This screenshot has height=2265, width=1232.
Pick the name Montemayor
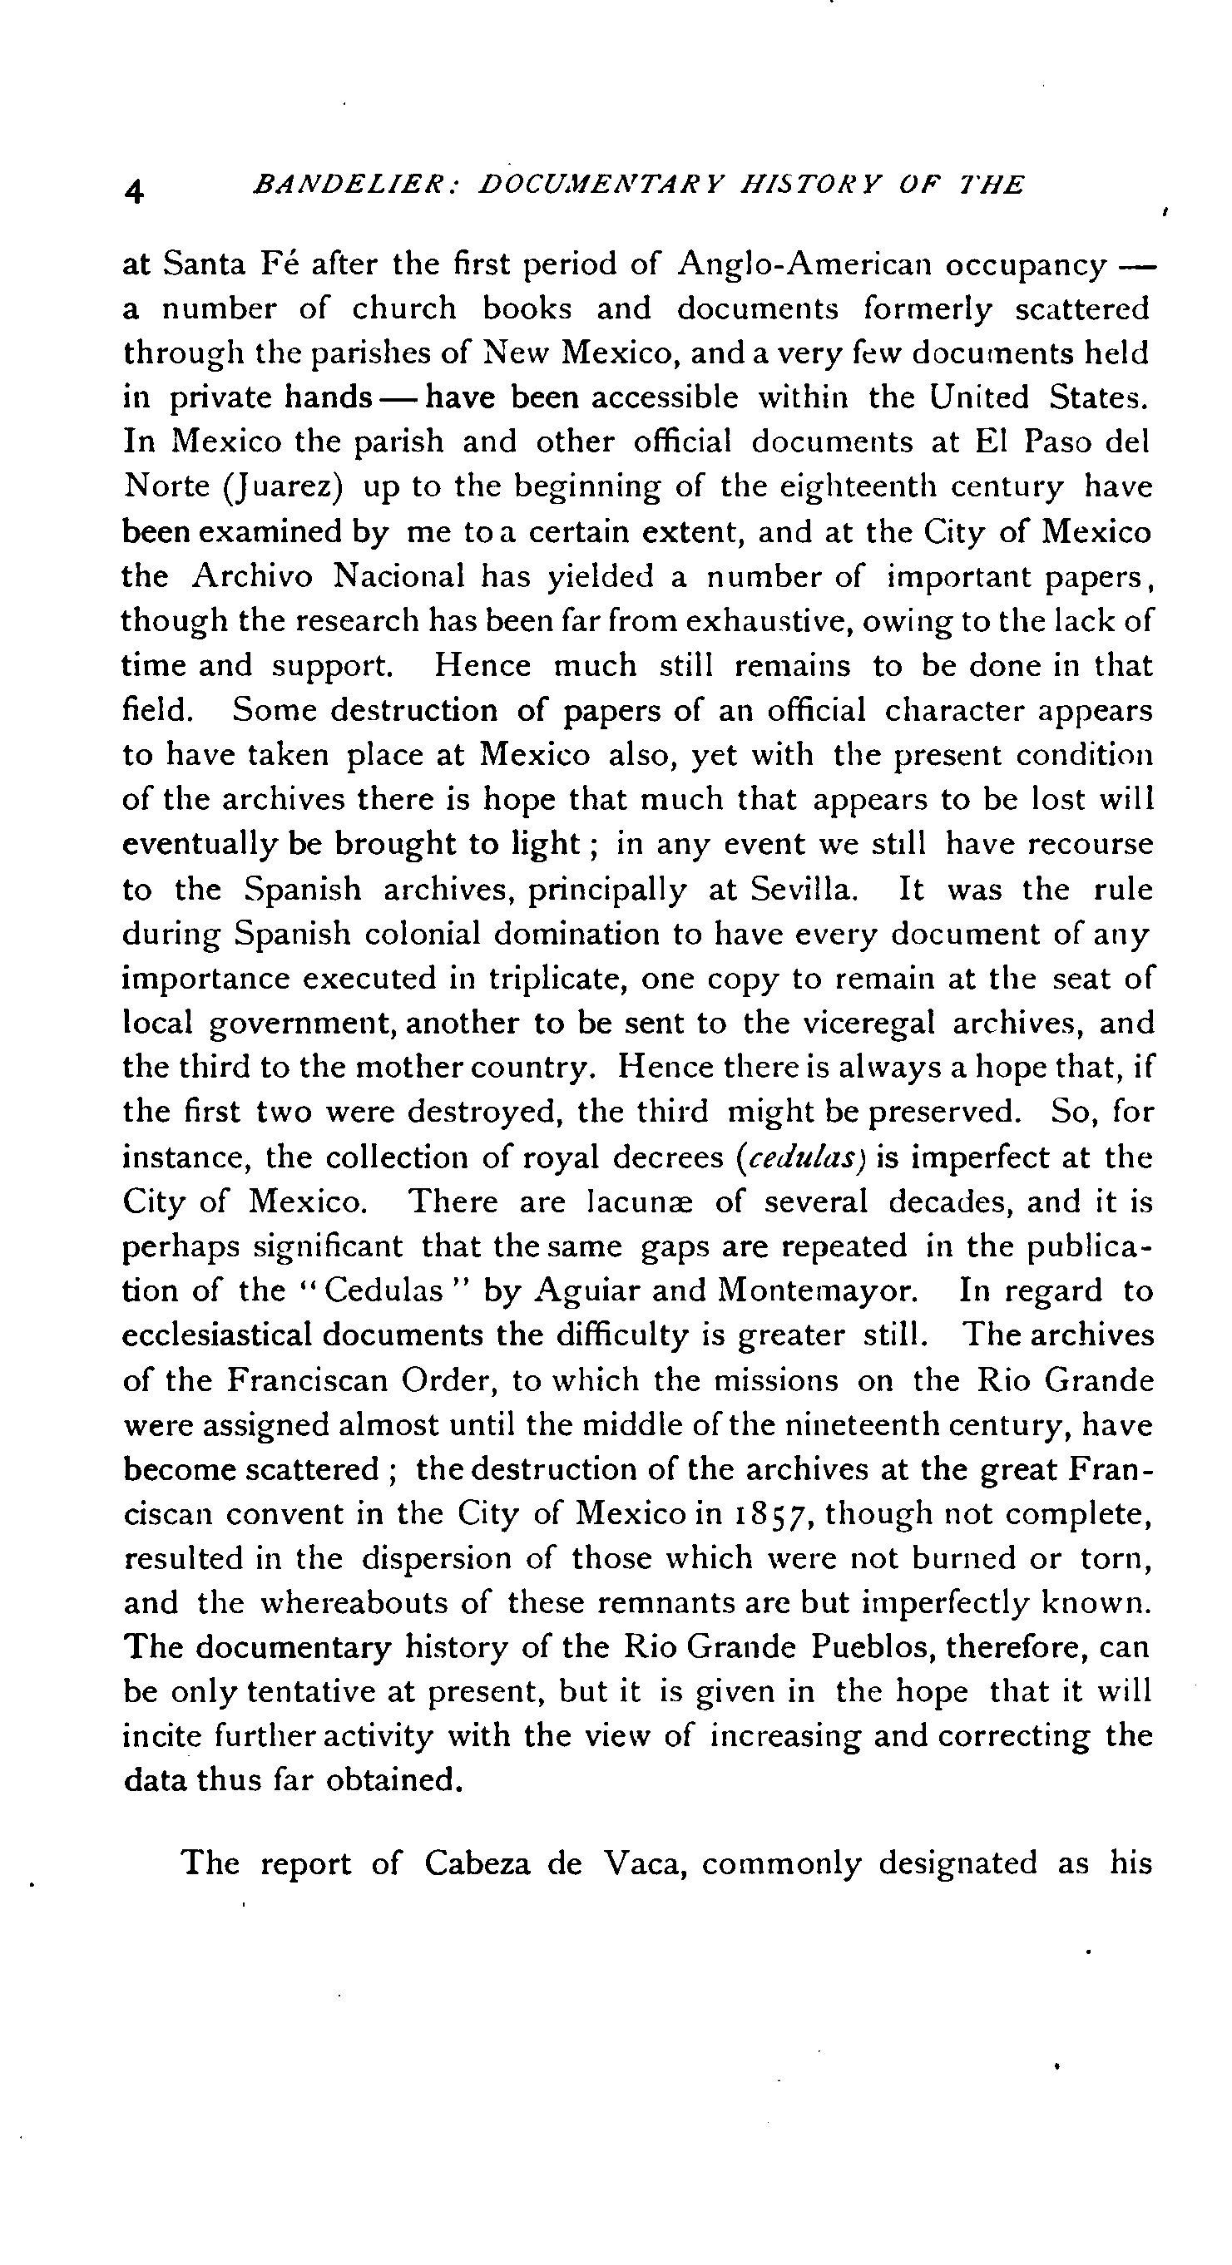819,1290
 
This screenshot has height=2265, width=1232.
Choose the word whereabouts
374,1603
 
